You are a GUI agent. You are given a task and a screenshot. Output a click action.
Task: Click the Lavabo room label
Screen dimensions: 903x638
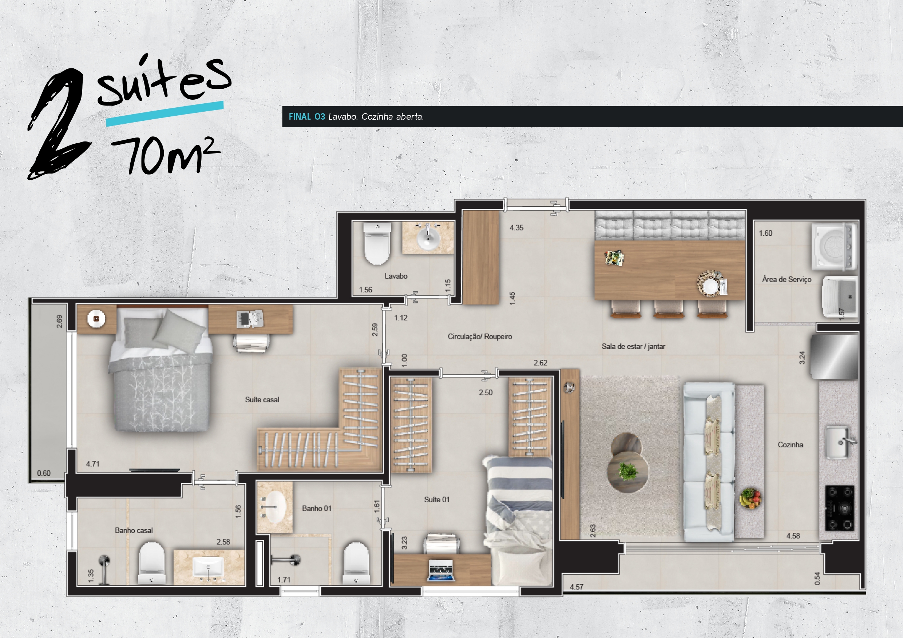(x=396, y=276)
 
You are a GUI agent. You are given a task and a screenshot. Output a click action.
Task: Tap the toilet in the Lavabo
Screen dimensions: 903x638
(x=377, y=243)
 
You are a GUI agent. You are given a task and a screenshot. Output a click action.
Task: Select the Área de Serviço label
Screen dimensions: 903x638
(x=787, y=279)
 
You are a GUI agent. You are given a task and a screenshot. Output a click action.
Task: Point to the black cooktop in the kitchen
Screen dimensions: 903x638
(x=840, y=508)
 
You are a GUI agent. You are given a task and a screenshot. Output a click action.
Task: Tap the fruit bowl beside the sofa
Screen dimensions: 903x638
(x=750, y=498)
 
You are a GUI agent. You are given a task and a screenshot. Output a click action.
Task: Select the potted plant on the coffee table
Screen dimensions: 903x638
(x=628, y=471)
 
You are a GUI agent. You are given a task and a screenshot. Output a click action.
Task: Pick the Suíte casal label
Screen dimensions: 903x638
(x=262, y=400)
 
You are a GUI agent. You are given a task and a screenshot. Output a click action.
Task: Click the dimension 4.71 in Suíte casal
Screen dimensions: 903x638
(x=93, y=464)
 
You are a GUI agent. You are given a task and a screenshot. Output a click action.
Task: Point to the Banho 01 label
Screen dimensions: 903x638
(x=317, y=508)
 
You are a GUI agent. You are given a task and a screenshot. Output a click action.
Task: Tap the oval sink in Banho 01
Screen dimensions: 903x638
(x=274, y=507)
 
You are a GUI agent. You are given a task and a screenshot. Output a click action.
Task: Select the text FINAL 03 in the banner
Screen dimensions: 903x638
(x=307, y=117)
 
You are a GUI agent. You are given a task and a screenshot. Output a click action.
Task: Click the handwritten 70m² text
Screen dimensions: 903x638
(x=165, y=155)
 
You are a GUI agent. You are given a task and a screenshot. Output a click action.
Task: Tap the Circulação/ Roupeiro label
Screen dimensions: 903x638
(x=480, y=336)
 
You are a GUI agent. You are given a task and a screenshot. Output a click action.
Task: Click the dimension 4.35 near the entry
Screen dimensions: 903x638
(x=516, y=228)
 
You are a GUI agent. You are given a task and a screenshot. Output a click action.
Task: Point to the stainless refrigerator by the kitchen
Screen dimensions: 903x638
(x=833, y=356)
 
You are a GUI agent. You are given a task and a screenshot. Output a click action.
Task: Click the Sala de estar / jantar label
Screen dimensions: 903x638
(x=633, y=346)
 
